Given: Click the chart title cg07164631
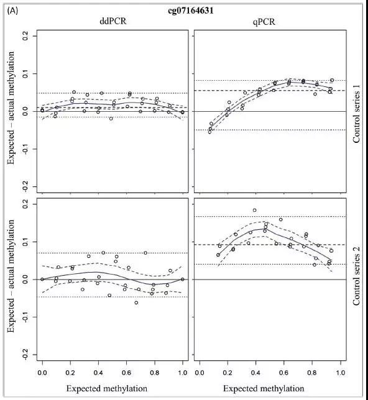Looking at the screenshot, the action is (x=191, y=11).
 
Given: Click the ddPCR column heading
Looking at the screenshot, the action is (x=113, y=21).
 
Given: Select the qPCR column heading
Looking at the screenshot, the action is (x=264, y=22).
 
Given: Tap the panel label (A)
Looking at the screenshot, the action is (x=13, y=11).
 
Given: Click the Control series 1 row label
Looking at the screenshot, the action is (x=356, y=114).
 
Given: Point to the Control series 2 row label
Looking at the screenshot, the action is (x=356, y=276).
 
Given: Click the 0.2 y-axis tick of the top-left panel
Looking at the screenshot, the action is (x=25, y=36).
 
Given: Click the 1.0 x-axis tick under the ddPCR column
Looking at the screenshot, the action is (x=182, y=373).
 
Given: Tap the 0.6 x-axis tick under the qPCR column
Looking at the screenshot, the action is (x=283, y=373).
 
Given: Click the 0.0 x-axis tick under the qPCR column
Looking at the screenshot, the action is (x=200, y=373).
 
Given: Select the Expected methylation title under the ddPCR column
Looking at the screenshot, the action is (x=107, y=389).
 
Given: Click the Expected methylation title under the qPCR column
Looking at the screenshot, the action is (x=264, y=389).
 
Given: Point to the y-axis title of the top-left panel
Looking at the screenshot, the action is (x=11, y=108).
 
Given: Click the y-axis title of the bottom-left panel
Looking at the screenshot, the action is (x=11, y=276).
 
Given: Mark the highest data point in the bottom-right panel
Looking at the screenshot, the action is (x=255, y=210).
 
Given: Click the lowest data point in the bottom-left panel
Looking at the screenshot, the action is (x=136, y=302).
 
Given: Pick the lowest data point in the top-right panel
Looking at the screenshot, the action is (x=209, y=132).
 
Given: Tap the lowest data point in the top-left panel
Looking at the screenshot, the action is (x=111, y=119).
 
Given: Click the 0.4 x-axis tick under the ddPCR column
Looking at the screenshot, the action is (x=98, y=373).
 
